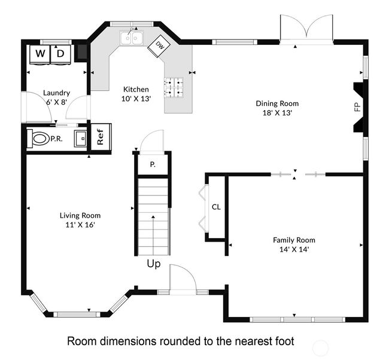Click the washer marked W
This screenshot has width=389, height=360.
coord(40,54)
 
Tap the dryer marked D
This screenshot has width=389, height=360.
coord(60,54)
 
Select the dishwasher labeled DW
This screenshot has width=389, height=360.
coord(159,46)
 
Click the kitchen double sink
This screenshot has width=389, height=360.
coord(132,38)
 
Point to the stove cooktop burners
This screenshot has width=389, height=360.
coord(174,87)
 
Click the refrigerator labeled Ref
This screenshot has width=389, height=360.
coord(101,136)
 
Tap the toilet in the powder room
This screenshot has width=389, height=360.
coord(39,139)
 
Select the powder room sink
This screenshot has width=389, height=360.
coord(80,139)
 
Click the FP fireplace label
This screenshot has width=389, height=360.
coord(357,107)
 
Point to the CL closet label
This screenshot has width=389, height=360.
coord(216,207)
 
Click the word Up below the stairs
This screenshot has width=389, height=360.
coord(154,264)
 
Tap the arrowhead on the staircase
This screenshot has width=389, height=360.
coord(153,217)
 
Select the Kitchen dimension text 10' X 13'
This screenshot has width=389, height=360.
coord(136,99)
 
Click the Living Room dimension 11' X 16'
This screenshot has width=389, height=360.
coord(80,225)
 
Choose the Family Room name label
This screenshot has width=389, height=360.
coord(294,240)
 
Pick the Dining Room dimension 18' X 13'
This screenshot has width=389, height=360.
coord(277,113)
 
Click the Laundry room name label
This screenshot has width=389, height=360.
coord(57,93)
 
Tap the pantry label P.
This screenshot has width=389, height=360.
coord(153,164)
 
